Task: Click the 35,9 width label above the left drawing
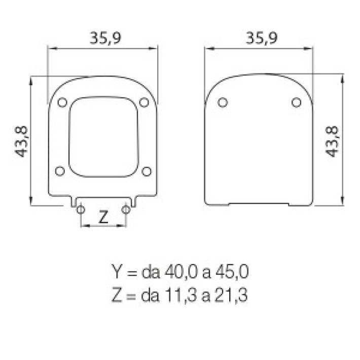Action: [105, 38]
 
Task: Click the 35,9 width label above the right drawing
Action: [262, 38]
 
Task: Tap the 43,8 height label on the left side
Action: [21, 141]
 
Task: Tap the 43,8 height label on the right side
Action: [332, 141]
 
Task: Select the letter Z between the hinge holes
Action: [103, 217]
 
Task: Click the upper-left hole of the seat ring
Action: [62, 102]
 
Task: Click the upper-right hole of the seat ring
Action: [144, 102]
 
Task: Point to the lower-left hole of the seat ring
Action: [60, 171]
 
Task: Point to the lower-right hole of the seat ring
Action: [147, 171]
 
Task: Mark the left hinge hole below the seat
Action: [81, 209]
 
